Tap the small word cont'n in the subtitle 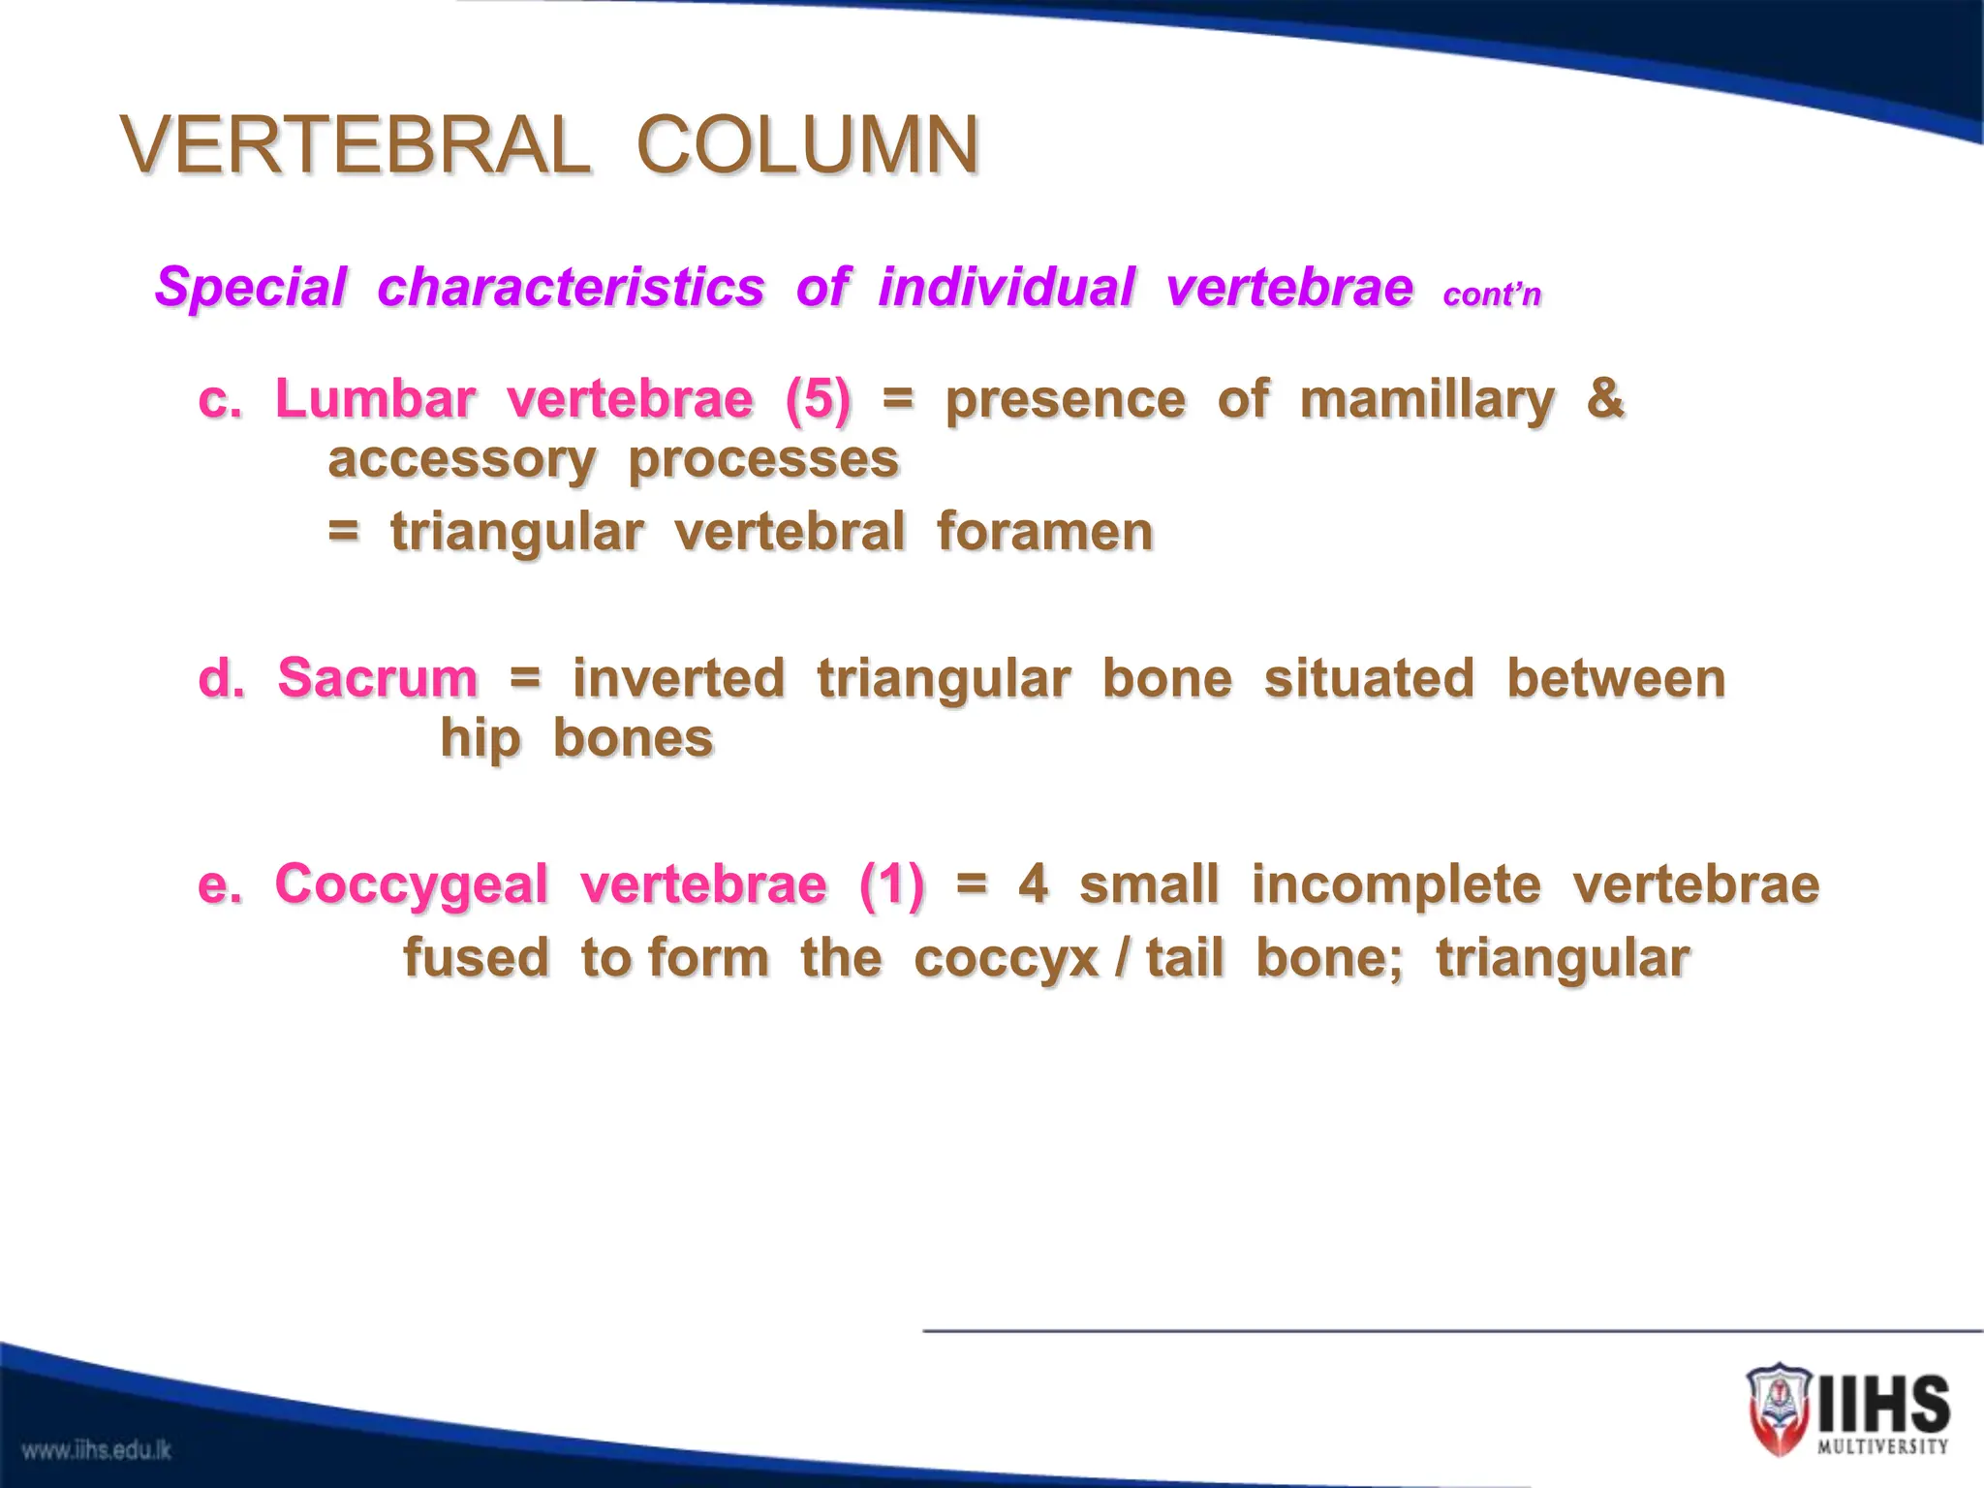click(x=1491, y=294)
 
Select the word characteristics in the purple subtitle click(x=571, y=288)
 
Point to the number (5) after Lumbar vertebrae click(x=819, y=399)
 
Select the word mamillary click(x=1427, y=400)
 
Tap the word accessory click(x=461, y=460)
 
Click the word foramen click(x=1045, y=532)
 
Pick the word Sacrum click(x=377, y=677)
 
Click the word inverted click(x=678, y=677)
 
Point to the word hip click(x=480, y=740)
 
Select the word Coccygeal click(x=412, y=884)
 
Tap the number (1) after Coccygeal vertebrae click(x=891, y=884)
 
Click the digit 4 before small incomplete click(x=1033, y=884)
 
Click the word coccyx click(x=1006, y=959)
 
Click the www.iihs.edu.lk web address click(x=97, y=1450)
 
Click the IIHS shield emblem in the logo click(x=1779, y=1410)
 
